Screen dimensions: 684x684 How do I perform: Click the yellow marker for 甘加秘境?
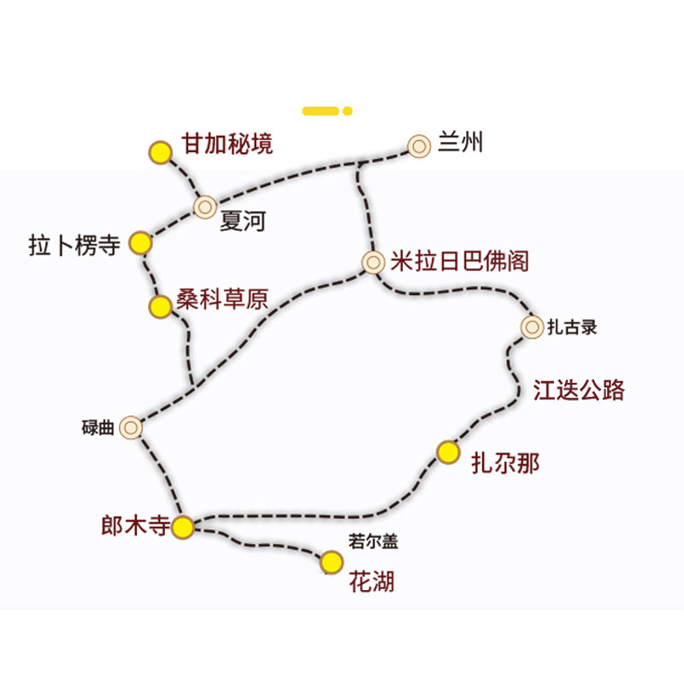point(161,152)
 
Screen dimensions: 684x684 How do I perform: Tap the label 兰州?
point(461,142)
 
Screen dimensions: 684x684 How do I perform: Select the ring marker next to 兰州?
point(419,146)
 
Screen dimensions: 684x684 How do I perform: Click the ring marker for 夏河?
point(205,207)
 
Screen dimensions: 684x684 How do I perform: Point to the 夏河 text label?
point(243,221)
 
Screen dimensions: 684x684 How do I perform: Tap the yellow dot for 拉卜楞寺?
point(140,243)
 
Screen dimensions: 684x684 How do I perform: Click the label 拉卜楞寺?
point(74,245)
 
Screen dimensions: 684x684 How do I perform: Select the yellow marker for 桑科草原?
point(160,307)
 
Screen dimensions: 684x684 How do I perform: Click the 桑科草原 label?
point(222,298)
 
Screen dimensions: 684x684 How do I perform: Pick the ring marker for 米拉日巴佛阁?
point(373,262)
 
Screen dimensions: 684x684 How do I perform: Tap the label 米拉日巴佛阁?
point(459,261)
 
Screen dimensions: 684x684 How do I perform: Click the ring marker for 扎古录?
point(532,327)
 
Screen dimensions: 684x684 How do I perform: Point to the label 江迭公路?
point(579,390)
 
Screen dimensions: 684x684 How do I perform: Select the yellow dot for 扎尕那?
point(448,452)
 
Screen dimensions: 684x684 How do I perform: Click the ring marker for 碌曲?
point(131,427)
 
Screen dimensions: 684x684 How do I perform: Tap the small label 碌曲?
point(98,427)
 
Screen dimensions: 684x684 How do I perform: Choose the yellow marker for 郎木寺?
point(182,527)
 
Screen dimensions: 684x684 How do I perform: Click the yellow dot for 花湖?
point(332,563)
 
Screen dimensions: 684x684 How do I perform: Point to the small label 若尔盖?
point(374,541)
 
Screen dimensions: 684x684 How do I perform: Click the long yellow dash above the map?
point(321,111)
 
